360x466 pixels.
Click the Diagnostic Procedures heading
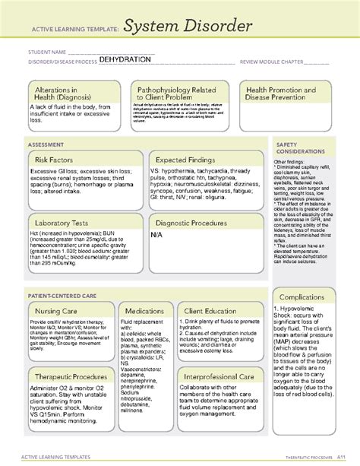193,223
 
